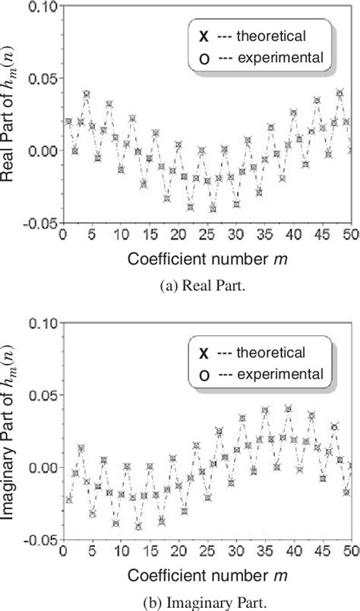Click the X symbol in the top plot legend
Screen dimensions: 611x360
(x=202, y=35)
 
